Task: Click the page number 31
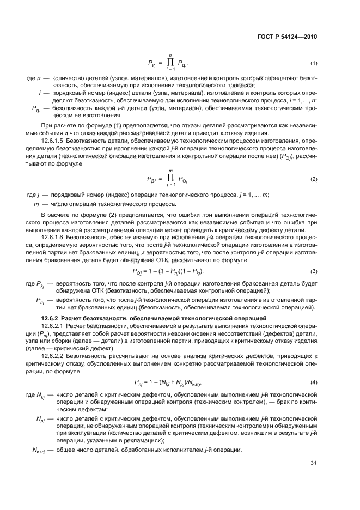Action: click(x=314, y=463)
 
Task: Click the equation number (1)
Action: click(x=314, y=64)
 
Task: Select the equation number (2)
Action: click(x=314, y=179)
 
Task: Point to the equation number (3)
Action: click(x=314, y=271)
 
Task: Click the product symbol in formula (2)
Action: click(x=170, y=178)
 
